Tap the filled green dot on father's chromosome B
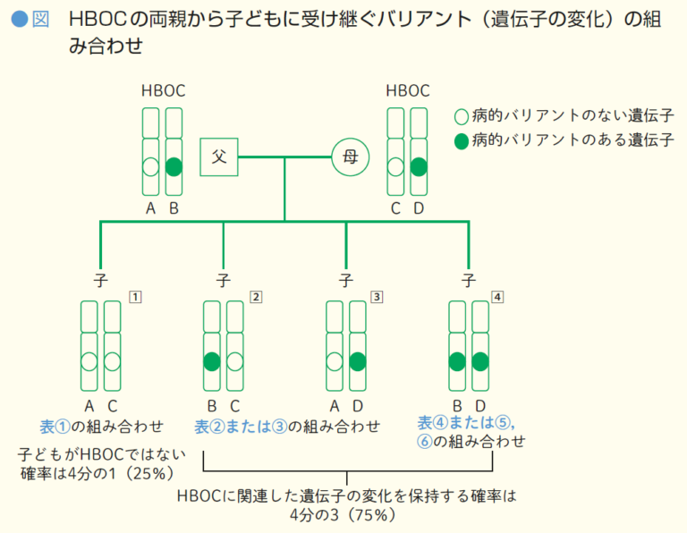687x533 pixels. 174,166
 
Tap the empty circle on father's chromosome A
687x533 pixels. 150,166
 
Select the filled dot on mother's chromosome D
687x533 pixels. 419,166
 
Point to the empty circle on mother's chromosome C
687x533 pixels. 395,166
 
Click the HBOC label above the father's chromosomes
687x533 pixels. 162,90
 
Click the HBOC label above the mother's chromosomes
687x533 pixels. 407,90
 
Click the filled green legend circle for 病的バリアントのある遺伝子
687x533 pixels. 462,140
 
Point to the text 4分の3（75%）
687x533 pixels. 347,515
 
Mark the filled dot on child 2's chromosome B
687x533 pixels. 211,361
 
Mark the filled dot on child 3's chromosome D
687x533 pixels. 357,361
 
